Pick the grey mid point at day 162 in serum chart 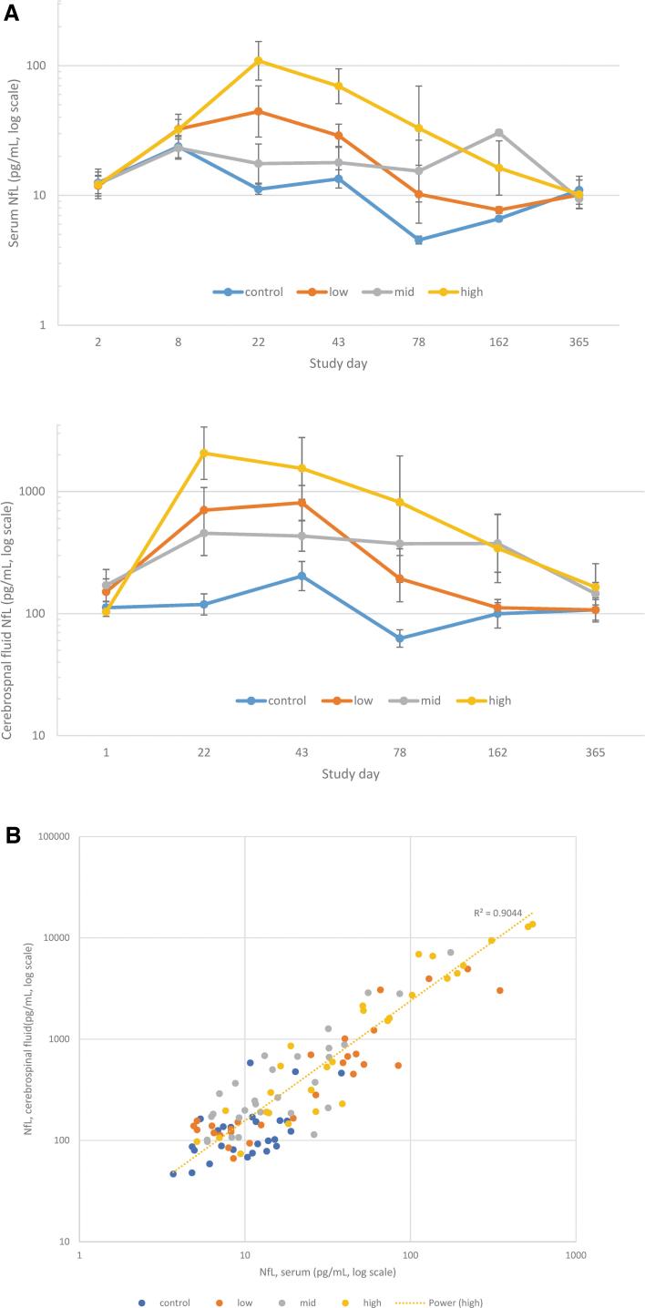coord(498,133)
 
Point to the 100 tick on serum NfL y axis coord(43,66)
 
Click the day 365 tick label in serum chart coord(578,342)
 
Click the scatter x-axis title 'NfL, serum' coord(326,1272)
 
